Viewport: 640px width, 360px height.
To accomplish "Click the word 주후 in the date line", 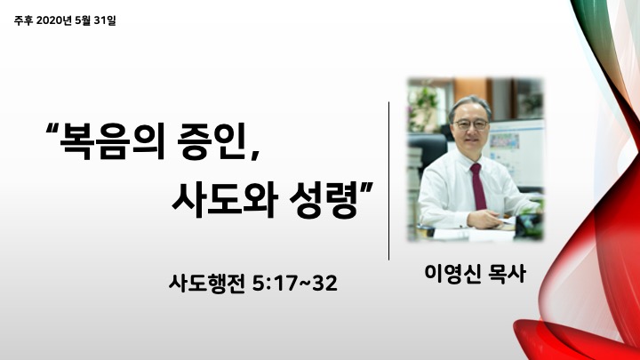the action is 23,20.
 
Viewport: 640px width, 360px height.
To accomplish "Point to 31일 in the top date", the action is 105,20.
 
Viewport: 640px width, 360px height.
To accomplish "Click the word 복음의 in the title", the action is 112,141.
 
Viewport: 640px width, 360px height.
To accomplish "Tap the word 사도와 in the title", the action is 225,200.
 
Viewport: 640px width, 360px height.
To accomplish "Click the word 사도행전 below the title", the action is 207,284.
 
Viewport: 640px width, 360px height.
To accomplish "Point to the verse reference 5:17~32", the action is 295,284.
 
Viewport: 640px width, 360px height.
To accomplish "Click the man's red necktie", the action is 478,186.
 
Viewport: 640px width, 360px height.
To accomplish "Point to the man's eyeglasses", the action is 471,124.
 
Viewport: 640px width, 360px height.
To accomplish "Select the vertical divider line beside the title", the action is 389,180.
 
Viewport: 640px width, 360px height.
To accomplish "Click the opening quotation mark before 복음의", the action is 52,130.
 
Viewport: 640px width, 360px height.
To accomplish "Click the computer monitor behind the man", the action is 517,152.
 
